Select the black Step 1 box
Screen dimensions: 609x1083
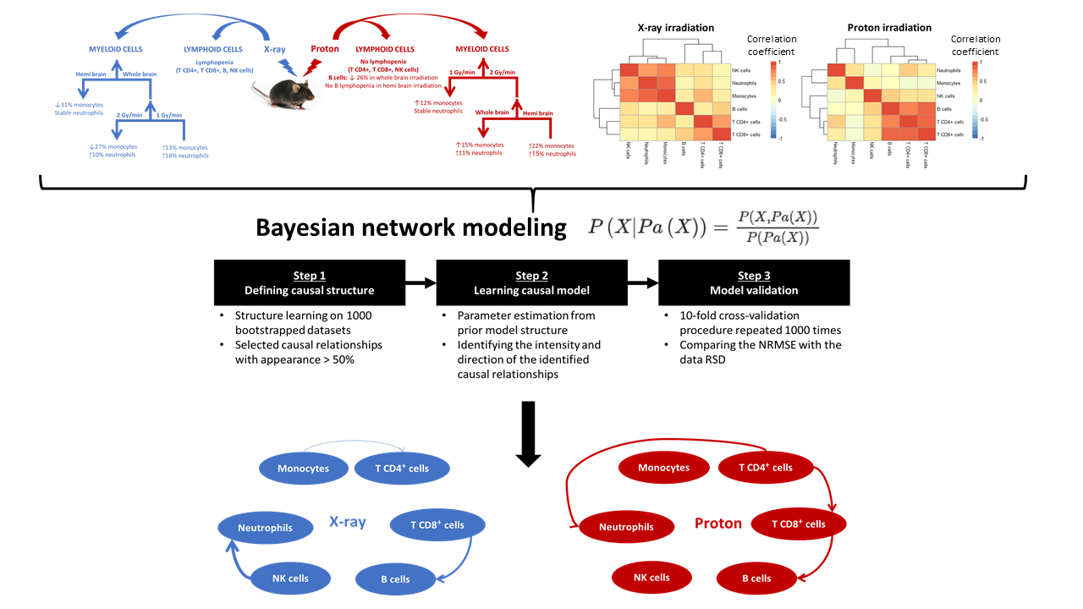click(309, 283)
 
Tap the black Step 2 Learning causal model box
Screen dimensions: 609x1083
click(531, 283)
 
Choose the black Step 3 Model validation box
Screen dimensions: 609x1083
click(754, 283)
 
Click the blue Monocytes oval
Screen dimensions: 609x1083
click(302, 468)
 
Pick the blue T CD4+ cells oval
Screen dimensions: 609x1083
click(402, 468)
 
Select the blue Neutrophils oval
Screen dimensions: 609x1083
click(265, 528)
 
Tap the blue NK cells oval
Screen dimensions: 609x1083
click(289, 579)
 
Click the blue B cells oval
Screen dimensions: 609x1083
click(395, 579)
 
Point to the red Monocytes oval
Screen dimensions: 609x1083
click(663, 467)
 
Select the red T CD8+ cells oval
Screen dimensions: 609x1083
click(798, 524)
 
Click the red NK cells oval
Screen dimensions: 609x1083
click(651, 578)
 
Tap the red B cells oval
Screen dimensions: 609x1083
click(756, 579)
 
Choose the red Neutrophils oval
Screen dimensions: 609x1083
click(626, 527)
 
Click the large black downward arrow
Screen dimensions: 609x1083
click(528, 432)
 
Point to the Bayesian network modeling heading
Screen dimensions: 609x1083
click(411, 228)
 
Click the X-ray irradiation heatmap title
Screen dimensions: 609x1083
click(675, 28)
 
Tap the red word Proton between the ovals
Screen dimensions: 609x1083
click(717, 524)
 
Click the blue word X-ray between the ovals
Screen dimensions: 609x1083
click(347, 522)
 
